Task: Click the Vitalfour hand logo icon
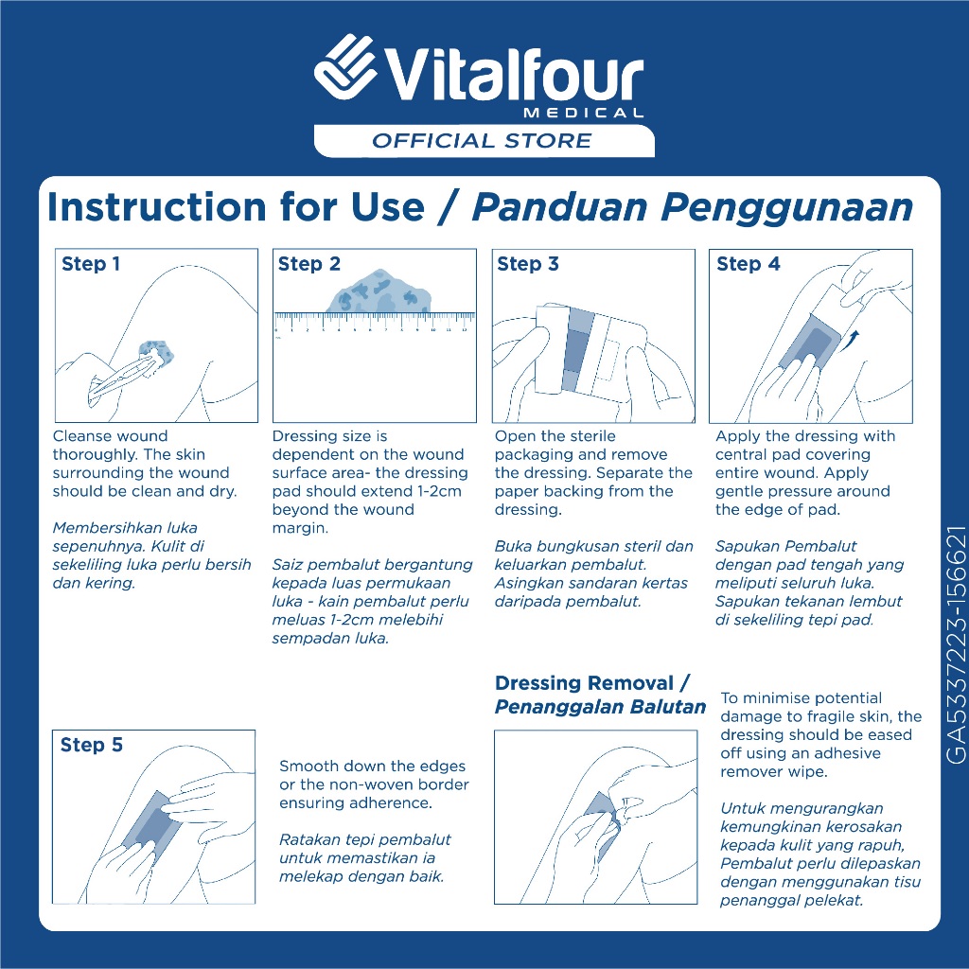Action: pyautogui.click(x=345, y=66)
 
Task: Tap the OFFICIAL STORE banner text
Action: pyautogui.click(x=482, y=141)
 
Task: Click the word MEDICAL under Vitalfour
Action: pyautogui.click(x=583, y=114)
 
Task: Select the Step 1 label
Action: pyautogui.click(x=91, y=265)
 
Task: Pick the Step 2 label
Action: pyautogui.click(x=309, y=265)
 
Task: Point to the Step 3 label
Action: pyautogui.click(x=528, y=265)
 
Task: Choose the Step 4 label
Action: pyautogui.click(x=748, y=265)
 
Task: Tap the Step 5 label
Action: pyautogui.click(x=92, y=746)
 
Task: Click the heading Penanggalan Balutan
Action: pyautogui.click(x=600, y=707)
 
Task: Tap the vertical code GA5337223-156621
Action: pyautogui.click(x=956, y=644)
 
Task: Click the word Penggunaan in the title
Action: pyautogui.click(x=786, y=208)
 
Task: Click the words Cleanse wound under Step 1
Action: pyautogui.click(x=110, y=435)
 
